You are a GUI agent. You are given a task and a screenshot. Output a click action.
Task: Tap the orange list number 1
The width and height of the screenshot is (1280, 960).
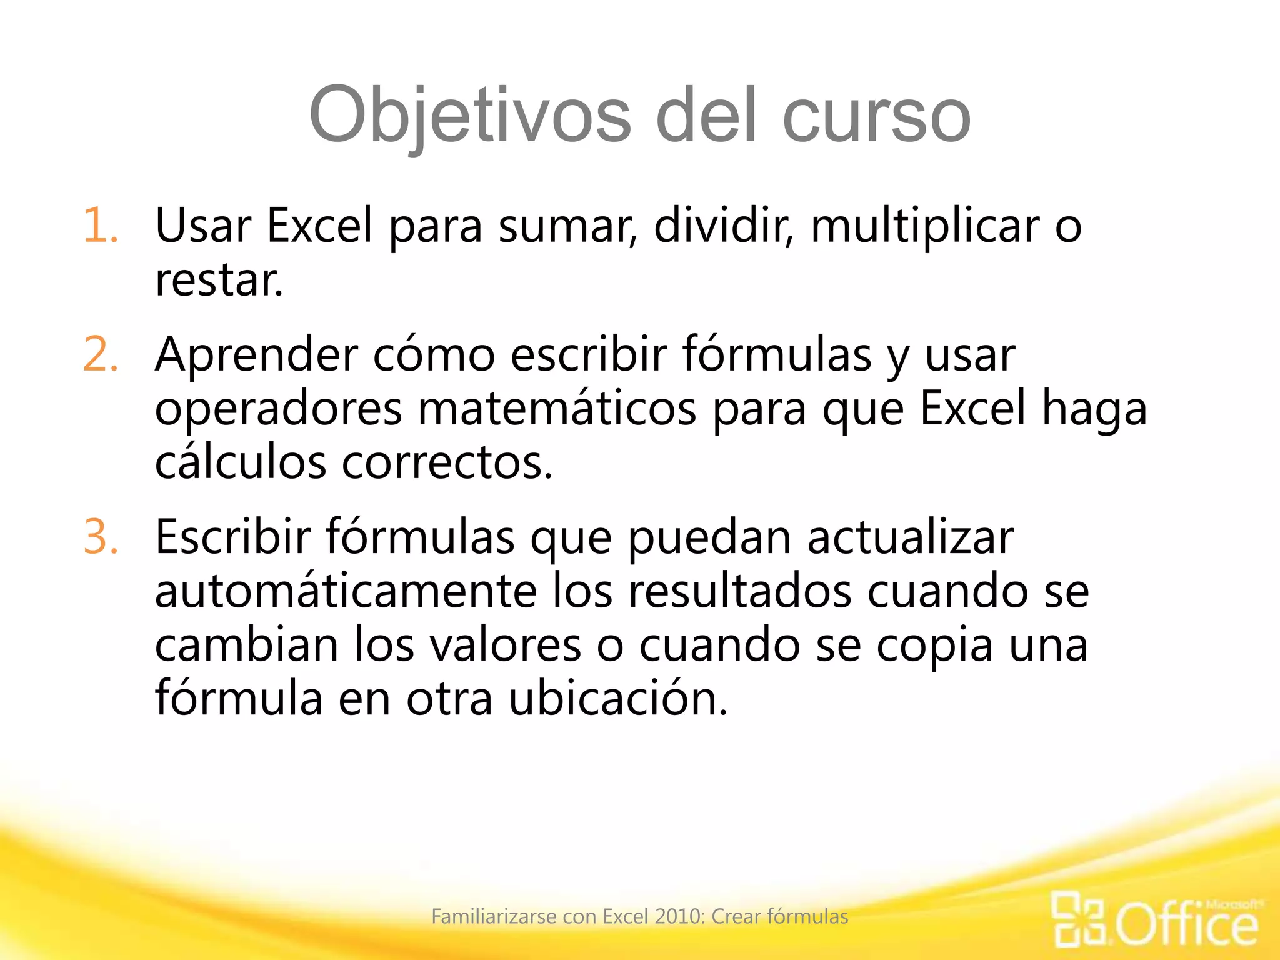click(100, 226)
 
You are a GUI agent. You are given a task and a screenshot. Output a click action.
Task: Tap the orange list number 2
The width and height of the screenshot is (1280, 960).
click(100, 355)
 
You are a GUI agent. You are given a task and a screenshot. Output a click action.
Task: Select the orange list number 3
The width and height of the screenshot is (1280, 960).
click(100, 537)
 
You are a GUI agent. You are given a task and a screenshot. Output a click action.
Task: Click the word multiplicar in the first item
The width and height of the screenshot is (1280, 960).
click(925, 226)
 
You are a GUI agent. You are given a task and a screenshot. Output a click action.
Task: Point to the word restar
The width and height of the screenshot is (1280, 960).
click(219, 281)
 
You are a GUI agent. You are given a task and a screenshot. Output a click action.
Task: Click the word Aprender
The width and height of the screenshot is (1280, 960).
click(256, 355)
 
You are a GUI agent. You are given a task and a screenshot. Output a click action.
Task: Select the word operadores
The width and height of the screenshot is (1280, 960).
click(278, 409)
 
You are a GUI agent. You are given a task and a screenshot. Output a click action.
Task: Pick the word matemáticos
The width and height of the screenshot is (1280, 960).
click(556, 409)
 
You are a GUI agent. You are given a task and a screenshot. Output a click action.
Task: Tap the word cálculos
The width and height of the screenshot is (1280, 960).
click(241, 462)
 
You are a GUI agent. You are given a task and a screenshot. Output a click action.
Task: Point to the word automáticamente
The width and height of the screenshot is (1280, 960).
click(346, 591)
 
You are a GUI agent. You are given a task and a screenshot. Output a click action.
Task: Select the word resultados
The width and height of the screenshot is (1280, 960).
click(739, 591)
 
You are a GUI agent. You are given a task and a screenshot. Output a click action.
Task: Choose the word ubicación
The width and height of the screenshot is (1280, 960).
click(618, 699)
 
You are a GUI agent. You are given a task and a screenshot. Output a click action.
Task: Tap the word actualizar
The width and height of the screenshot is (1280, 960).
click(910, 537)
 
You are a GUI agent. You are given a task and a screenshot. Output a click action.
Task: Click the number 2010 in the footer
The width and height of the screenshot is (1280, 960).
click(679, 916)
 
